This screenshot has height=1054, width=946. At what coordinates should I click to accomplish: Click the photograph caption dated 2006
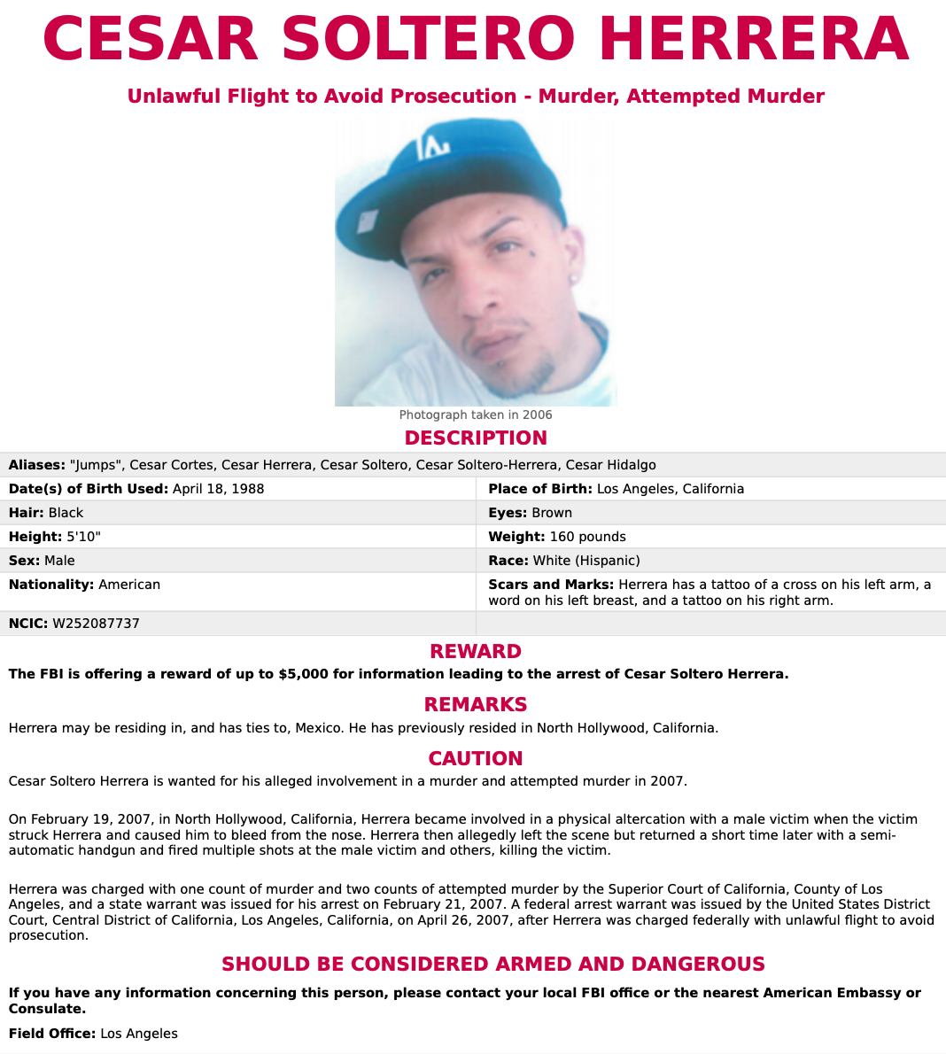click(476, 415)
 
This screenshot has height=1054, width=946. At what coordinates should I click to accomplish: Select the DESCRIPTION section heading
click(476, 438)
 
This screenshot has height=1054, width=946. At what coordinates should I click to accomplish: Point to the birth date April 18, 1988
click(218, 489)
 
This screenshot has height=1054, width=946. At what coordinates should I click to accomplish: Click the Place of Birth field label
click(539, 489)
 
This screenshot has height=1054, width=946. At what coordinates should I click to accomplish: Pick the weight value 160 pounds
click(587, 537)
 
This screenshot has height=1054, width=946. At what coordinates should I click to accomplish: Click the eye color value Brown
click(552, 513)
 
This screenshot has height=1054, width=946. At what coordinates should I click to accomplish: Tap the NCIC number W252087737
click(96, 624)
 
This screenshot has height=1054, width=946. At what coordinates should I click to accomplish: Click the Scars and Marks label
click(550, 585)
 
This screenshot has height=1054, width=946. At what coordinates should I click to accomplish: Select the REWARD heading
click(476, 651)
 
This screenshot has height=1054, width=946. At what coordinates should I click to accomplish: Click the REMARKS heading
click(476, 704)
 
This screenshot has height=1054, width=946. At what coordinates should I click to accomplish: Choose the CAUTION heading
click(476, 758)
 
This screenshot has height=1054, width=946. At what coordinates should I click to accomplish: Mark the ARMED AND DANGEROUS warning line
click(493, 964)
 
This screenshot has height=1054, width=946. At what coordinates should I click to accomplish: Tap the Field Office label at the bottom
click(51, 1034)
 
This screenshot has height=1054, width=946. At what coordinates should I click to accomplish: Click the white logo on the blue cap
click(434, 148)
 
